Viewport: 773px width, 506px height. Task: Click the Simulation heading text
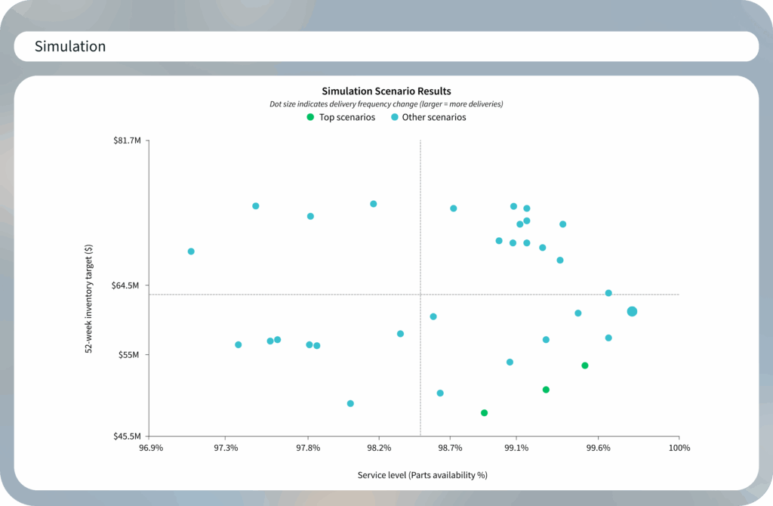(70, 47)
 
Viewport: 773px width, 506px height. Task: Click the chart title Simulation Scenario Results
(386, 91)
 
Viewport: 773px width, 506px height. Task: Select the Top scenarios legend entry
(341, 117)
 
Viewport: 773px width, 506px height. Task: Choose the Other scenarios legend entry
(428, 117)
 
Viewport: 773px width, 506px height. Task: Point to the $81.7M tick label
(127, 141)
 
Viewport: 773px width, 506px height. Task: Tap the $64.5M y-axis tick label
(127, 285)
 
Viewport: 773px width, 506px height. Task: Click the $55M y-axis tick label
(130, 355)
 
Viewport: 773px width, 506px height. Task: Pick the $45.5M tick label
(127, 437)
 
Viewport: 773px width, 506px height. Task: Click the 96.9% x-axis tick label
(151, 448)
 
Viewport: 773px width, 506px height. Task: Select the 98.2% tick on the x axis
(379, 448)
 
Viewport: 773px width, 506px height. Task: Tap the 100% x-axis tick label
(679, 448)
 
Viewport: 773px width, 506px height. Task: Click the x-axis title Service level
(422, 475)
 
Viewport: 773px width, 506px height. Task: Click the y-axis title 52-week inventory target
(89, 299)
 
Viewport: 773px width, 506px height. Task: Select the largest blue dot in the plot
(632, 311)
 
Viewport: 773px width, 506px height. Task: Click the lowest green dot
(484, 413)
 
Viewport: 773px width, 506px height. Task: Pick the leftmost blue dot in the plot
(191, 251)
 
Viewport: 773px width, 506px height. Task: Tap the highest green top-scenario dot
(584, 366)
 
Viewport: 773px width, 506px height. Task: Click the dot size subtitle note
(386, 103)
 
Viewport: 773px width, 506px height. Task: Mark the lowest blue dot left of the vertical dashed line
(350, 403)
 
